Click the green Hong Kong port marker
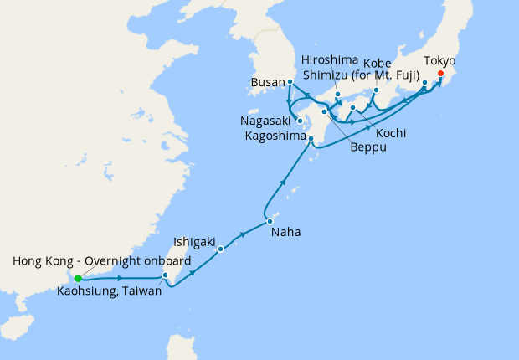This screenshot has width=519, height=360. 78,278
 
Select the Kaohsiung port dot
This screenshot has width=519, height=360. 166,275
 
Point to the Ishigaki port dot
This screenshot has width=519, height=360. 221,249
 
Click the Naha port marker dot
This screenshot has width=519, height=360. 270,221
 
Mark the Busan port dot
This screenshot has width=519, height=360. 290,82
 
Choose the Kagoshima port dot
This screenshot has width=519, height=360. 311,139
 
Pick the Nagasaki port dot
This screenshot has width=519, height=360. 300,121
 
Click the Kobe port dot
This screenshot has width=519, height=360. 377,90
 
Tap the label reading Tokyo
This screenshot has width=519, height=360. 440,61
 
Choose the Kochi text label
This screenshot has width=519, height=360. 392,133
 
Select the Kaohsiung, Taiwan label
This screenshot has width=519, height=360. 110,291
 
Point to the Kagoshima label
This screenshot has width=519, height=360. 274,136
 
